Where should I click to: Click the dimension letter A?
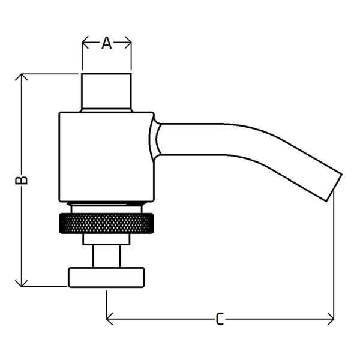pyautogui.click(x=107, y=43)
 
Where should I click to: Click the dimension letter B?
pyautogui.click(x=21, y=180)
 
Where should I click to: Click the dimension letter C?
pyautogui.click(x=220, y=319)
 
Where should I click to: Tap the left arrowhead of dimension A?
pyautogui.click(x=85, y=43)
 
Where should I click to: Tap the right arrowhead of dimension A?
pyautogui.click(x=128, y=43)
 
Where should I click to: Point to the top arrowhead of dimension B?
pyautogui.click(x=22, y=77)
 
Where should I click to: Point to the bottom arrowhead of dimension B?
pyautogui.click(x=22, y=284)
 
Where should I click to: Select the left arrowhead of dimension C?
pyautogui.click(x=110, y=319)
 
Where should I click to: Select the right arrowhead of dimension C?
pyautogui.click(x=331, y=319)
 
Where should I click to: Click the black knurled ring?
pyautogui.click(x=106, y=223)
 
